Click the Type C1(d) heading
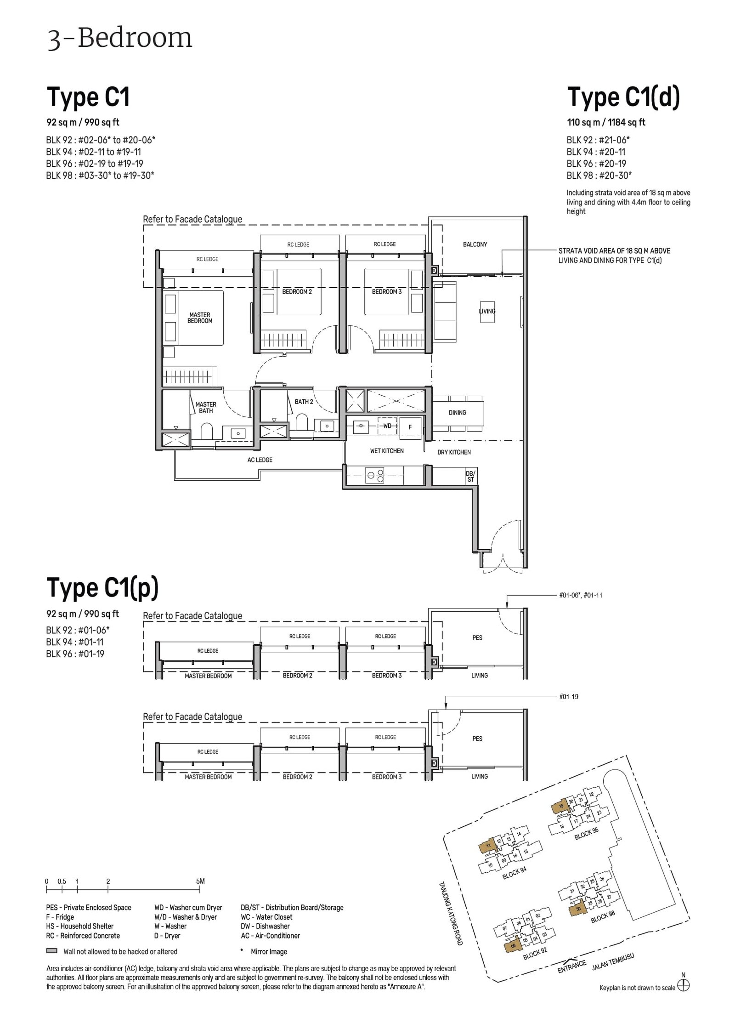pos(623,97)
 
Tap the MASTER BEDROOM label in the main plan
pos(200,318)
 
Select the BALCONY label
pos(475,244)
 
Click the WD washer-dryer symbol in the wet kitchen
pos(387,426)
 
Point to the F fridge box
pos(410,427)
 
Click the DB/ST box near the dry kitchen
pos(470,476)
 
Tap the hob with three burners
pos(375,475)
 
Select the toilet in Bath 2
pos(302,422)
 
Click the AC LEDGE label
pos(260,460)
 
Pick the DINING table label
pos(457,413)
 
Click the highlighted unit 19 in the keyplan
pos(560,807)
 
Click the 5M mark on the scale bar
pos(200,881)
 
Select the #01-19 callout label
pos(568,697)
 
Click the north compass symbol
pos(683,985)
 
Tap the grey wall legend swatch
pos(51,951)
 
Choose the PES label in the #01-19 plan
pos(477,739)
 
